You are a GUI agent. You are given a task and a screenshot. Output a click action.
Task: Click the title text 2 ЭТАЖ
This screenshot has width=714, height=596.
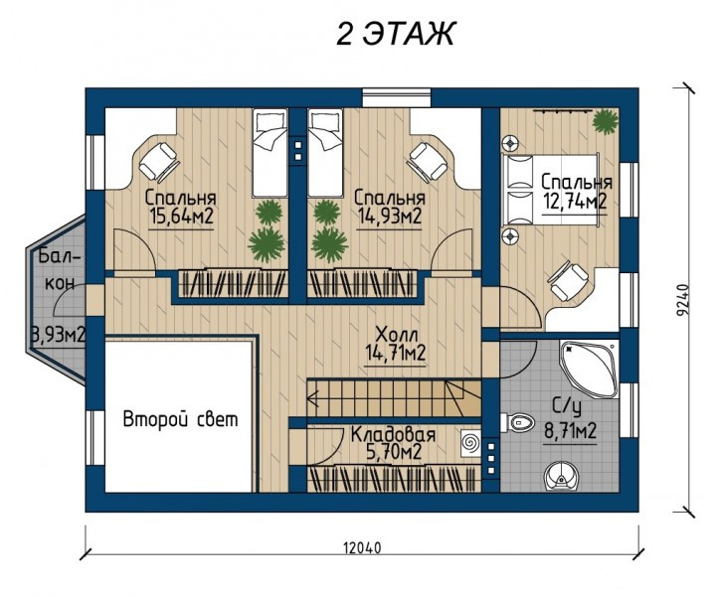coord(395,34)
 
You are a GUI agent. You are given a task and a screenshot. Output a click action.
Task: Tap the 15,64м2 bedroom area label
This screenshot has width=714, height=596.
coord(181,217)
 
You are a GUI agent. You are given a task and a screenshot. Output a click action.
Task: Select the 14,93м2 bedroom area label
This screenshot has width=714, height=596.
coord(389,217)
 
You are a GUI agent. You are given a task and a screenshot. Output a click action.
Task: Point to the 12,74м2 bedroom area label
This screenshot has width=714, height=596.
coord(575,201)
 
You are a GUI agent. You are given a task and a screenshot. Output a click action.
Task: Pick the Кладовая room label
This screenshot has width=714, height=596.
coord(394,434)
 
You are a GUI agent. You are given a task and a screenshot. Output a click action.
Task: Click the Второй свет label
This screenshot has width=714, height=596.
coord(181,419)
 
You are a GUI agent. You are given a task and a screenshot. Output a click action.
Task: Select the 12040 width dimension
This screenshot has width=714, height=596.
coord(363,547)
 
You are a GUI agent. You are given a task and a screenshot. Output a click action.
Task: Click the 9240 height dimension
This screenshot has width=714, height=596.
coord(682,301)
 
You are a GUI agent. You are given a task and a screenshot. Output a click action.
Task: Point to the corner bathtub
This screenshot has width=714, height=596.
coord(589,369)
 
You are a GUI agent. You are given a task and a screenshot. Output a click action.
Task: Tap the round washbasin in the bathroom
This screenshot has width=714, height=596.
coord(560,477)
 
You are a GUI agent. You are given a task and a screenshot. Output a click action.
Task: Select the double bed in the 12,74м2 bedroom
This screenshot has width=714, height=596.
coord(550,190)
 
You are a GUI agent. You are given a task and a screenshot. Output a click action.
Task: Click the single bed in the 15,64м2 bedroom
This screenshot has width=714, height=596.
coord(270,153)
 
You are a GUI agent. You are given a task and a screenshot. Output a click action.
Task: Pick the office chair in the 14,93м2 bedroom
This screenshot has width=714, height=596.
coord(428,162)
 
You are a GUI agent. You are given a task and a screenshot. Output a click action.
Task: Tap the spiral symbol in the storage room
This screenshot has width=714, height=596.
coord(469,442)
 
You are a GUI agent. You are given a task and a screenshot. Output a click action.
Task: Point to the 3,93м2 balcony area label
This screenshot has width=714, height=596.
coord(58,336)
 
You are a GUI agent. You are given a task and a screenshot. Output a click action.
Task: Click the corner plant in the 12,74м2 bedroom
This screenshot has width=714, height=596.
coord(606,121)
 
